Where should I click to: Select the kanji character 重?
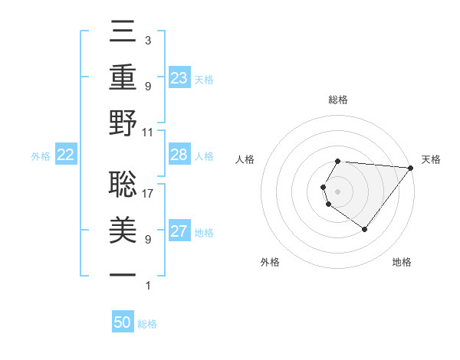pos(123,78)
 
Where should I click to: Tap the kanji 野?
pos(123,123)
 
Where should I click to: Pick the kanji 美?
pos(123,227)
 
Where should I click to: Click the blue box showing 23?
pos(179,78)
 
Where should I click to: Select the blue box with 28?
pos(179,155)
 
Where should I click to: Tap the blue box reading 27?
pos(179,232)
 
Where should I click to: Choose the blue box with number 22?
pos(65,155)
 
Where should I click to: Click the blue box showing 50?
pos(123,323)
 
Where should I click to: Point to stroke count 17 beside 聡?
pos(148,194)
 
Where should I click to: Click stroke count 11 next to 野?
pos(148,133)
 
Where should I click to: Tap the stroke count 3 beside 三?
pos(147,41)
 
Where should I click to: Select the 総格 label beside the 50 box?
pos(147,324)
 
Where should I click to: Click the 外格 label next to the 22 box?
pos(41,156)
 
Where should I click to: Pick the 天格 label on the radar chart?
pos(431,159)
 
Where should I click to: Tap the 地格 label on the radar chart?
pos(402,262)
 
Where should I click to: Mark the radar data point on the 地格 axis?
pos(364,229)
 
